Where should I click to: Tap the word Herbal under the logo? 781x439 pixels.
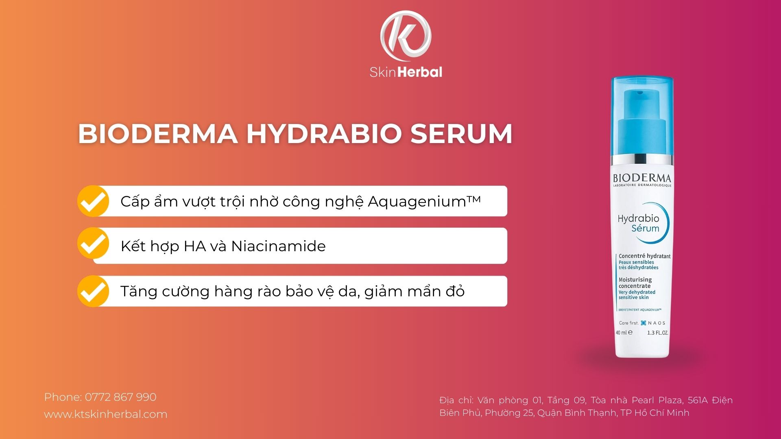click(420, 72)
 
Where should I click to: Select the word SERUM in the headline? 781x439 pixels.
click(461, 134)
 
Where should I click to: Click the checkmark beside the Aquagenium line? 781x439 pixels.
click(93, 201)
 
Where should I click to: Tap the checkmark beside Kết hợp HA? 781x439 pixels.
click(93, 244)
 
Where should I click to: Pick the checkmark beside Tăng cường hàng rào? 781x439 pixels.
click(93, 291)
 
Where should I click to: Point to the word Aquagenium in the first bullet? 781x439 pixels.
click(417, 202)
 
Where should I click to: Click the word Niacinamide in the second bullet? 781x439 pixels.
click(278, 246)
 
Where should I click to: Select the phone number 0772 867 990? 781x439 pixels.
click(120, 397)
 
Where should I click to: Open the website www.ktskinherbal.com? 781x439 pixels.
click(105, 414)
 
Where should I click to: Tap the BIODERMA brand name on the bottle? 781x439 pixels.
click(642, 178)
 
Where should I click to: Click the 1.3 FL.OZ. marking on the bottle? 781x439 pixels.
click(657, 333)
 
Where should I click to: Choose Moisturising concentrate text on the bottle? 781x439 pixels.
click(635, 283)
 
